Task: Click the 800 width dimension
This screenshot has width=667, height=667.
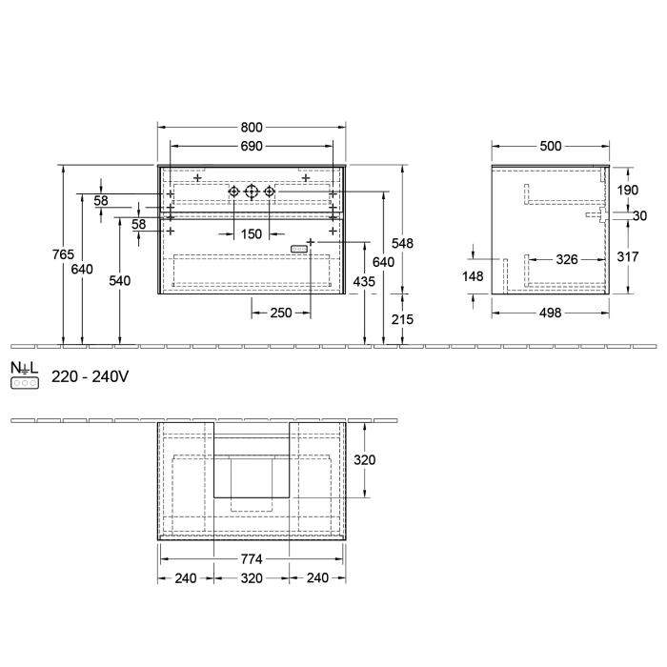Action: [x=253, y=128]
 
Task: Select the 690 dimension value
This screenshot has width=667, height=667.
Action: [x=253, y=146]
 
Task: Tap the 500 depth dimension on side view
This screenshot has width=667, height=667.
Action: [x=550, y=146]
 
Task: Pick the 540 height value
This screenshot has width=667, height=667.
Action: [x=120, y=281]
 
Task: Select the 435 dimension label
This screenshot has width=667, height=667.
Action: [x=365, y=281]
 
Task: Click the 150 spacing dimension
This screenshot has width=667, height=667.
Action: [x=252, y=233]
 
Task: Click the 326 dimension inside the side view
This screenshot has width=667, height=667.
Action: [x=567, y=258]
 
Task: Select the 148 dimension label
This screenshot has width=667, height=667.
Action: [x=474, y=277]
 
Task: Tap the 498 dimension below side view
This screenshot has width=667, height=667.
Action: [x=550, y=313]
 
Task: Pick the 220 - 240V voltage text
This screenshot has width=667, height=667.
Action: [x=90, y=377]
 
